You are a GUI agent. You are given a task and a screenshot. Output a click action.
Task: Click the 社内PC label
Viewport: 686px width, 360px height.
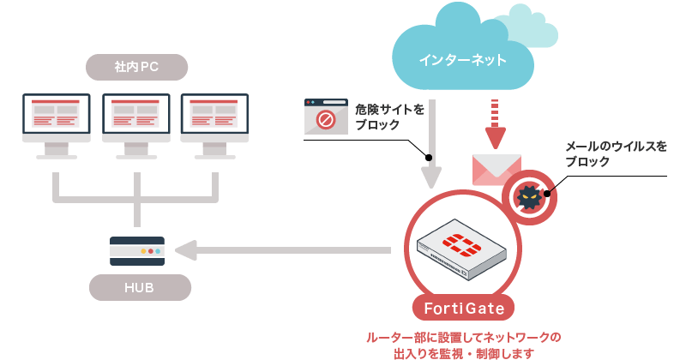click(137, 66)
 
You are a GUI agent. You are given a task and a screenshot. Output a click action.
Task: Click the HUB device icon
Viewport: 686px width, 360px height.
click(137, 251)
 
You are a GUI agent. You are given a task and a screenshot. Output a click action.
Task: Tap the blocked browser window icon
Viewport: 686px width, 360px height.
click(326, 116)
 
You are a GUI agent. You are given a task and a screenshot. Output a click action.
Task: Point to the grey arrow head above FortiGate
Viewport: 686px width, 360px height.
click(431, 177)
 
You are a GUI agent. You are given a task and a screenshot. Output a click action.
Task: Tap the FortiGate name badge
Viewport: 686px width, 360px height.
click(464, 307)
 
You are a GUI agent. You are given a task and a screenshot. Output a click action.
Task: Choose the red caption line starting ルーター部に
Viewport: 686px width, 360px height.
click(463, 337)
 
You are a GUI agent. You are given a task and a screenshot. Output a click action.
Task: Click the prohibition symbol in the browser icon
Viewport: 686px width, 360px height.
click(326, 119)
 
